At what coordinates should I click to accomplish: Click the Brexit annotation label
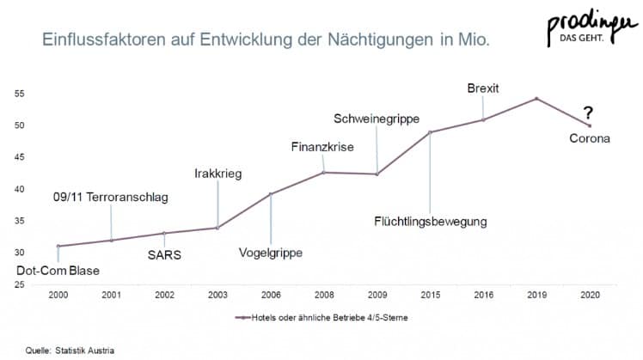(x=483, y=88)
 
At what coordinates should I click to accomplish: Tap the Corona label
(x=590, y=135)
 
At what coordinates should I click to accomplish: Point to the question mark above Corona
(x=587, y=113)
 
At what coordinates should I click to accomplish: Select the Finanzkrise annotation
(x=323, y=147)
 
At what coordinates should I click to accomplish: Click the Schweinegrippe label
(x=376, y=117)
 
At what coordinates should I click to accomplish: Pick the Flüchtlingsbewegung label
(x=431, y=221)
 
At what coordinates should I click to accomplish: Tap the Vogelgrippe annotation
(x=271, y=253)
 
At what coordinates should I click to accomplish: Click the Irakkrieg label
(x=217, y=174)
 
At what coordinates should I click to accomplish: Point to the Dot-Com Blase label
(x=58, y=272)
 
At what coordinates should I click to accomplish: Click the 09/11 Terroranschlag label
(x=110, y=198)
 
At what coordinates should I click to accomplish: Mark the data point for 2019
(x=536, y=99)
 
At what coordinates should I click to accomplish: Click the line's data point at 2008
(x=324, y=173)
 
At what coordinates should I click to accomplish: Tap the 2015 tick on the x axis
(x=430, y=294)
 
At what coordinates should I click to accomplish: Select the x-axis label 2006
(x=271, y=294)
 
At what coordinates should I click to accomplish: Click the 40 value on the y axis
(x=19, y=189)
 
